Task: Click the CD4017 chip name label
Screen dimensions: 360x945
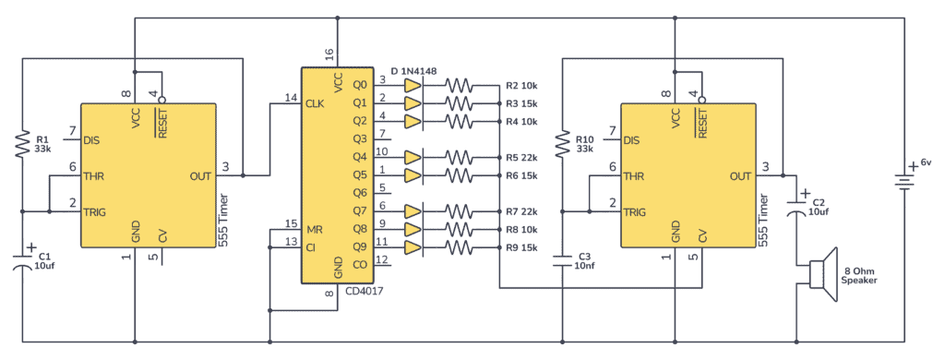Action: click(x=364, y=292)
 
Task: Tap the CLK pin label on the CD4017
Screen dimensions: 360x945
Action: click(x=315, y=103)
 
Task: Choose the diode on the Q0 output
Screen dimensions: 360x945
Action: click(x=413, y=85)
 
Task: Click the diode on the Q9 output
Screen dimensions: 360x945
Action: click(x=413, y=246)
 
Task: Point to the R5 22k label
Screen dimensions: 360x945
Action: click(x=522, y=157)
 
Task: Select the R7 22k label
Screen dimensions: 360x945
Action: click(x=522, y=211)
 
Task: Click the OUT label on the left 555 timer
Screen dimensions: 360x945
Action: click(x=198, y=175)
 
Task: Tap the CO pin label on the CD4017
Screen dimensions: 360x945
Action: click(x=360, y=264)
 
